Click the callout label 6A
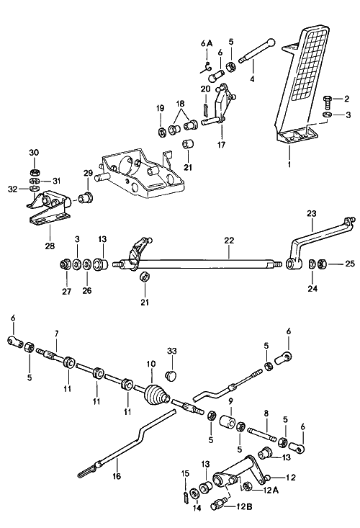(x=206, y=43)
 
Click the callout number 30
(x=34, y=152)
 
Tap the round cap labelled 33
(x=171, y=375)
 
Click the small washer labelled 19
(x=161, y=133)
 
